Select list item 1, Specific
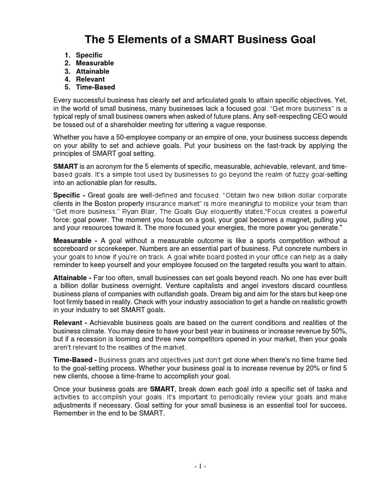89,55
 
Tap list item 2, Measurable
94,63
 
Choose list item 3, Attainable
93,71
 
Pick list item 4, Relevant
90,79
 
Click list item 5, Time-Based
95,87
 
